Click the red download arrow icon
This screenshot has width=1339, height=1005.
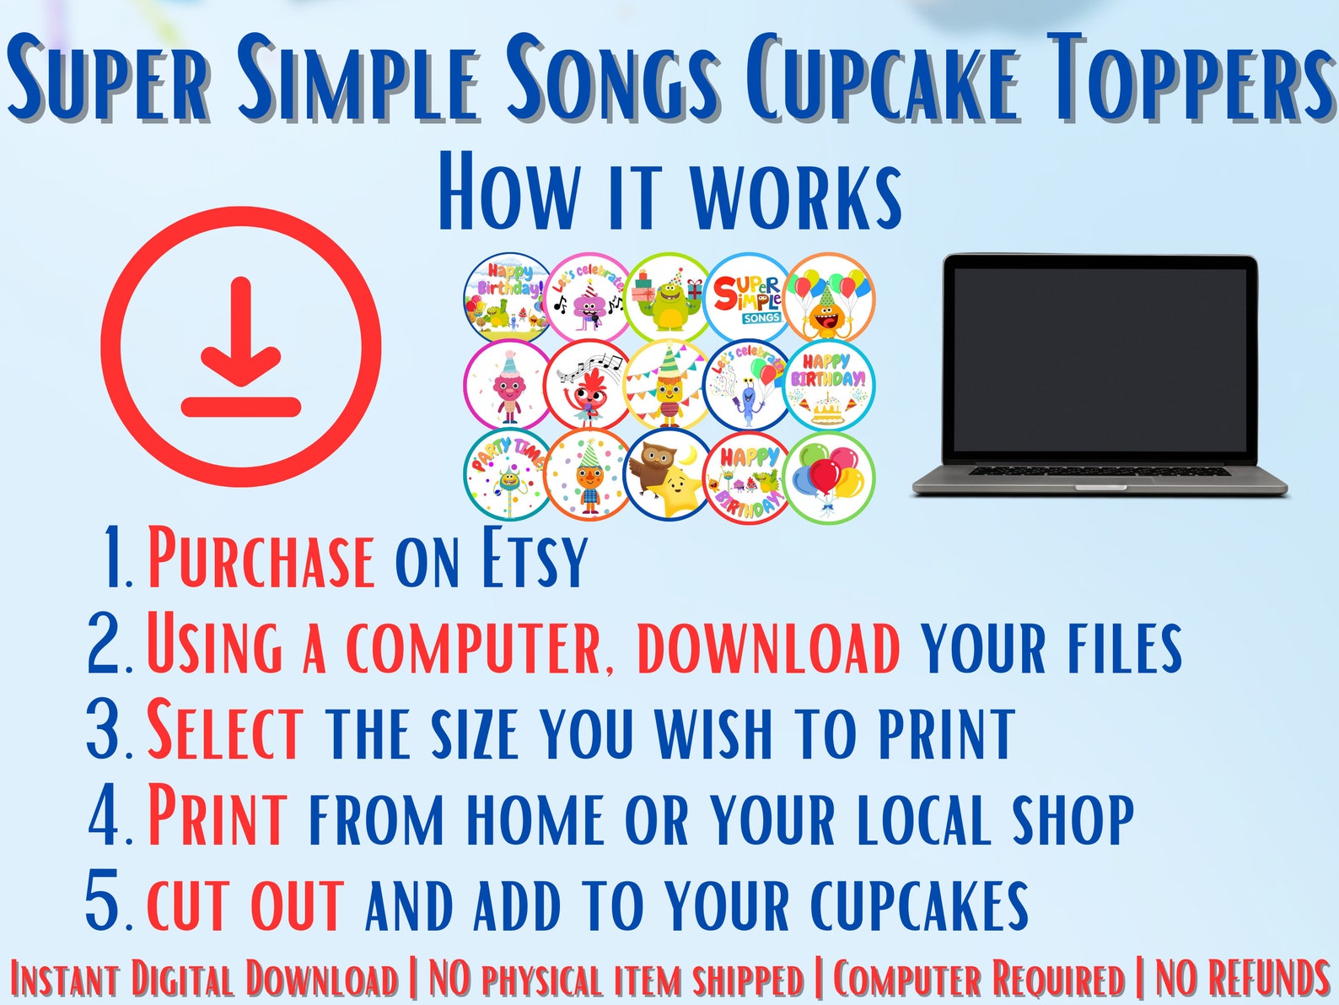[241, 347]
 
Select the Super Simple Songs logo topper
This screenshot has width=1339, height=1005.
[748, 296]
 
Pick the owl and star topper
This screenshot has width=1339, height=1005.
[667, 475]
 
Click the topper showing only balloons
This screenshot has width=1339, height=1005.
[829, 477]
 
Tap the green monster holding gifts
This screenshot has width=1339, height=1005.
[668, 296]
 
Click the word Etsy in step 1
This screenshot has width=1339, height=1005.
[534, 559]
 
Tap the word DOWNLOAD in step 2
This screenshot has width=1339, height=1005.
[768, 648]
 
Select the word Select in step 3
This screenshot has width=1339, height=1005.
[225, 732]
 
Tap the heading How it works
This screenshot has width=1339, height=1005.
[669, 192]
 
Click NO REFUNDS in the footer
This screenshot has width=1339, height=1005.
[1241, 980]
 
